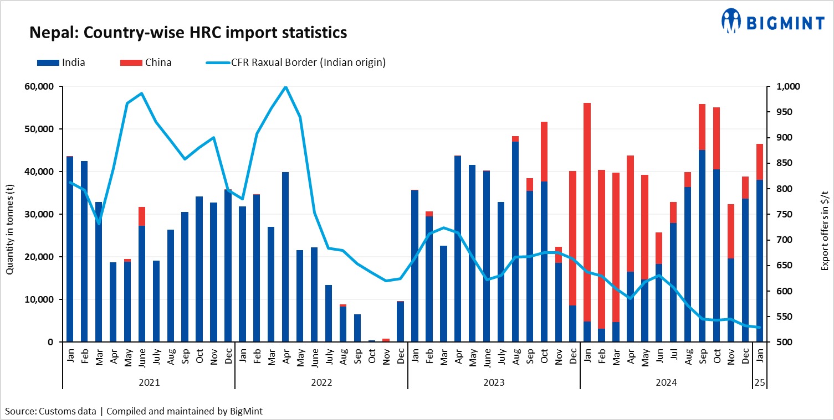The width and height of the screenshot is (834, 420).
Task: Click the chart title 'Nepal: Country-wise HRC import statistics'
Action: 188,33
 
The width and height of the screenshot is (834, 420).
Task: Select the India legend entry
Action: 61,63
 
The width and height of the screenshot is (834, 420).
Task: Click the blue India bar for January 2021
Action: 70,249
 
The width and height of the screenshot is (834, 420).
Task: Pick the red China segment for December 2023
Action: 573,238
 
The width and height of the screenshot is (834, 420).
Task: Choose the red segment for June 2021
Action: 142,216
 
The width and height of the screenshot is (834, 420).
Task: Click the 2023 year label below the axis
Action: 494,382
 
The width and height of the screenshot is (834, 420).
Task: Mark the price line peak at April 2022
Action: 285,87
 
